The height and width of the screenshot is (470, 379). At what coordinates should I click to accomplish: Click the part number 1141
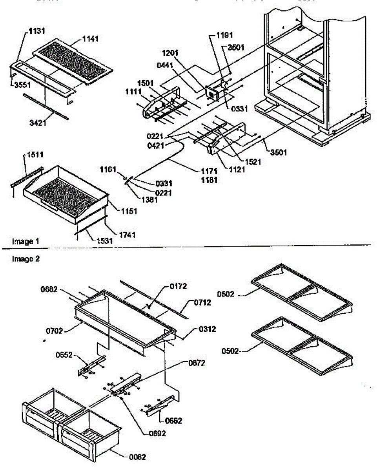[x=90, y=39]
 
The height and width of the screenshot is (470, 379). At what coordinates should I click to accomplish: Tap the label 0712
[x=202, y=302]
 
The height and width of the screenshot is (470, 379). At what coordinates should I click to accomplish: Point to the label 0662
[x=173, y=421]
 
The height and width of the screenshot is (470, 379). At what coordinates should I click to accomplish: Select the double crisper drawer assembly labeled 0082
[x=71, y=423]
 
